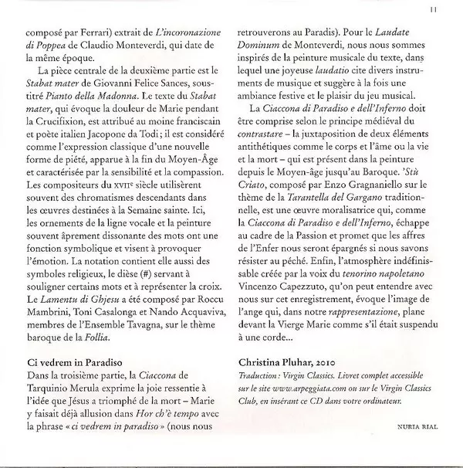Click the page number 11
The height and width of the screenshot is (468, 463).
click(x=436, y=9)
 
